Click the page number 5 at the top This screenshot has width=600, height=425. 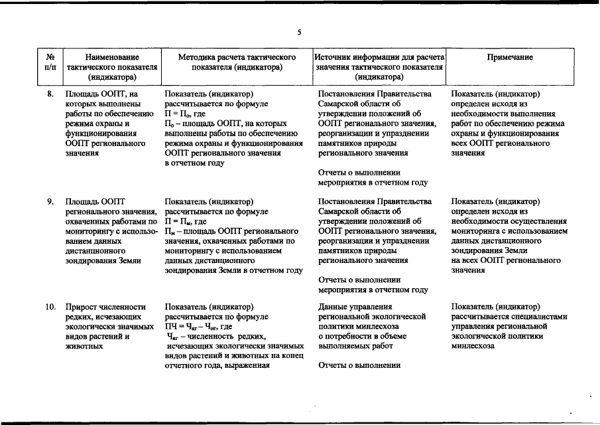click(299, 33)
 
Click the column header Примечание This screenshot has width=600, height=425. click(509, 58)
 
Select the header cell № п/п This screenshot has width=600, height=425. click(50, 62)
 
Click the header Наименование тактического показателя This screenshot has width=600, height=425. click(111, 67)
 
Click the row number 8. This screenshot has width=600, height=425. click(50, 94)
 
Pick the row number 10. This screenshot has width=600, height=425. click(50, 307)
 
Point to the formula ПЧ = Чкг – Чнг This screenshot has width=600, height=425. click(198, 327)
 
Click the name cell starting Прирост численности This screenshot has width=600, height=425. click(105, 307)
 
